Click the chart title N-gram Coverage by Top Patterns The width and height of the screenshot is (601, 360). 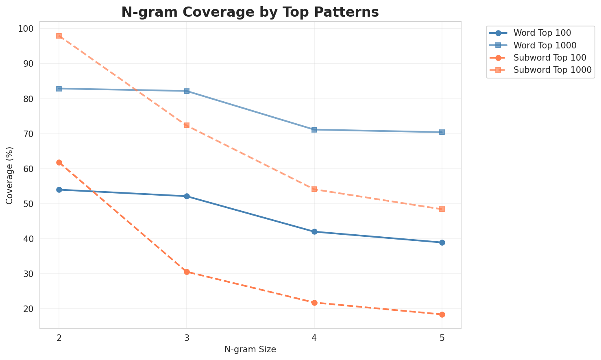[250, 12]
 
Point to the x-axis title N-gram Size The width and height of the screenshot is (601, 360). [250, 349]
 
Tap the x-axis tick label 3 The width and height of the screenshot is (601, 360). [187, 337]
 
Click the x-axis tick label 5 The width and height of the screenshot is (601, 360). [442, 337]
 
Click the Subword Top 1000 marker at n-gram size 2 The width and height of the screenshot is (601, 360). [59, 36]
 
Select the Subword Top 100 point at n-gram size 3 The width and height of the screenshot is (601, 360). [187, 272]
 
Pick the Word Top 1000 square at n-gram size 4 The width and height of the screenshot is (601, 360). [314, 130]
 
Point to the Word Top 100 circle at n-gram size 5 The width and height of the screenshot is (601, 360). [442, 242]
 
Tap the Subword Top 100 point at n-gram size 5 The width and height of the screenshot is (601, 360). [442, 314]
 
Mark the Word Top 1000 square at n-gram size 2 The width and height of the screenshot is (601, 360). [59, 89]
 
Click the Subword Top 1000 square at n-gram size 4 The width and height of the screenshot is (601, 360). [314, 189]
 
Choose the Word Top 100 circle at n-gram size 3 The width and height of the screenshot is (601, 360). [187, 196]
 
